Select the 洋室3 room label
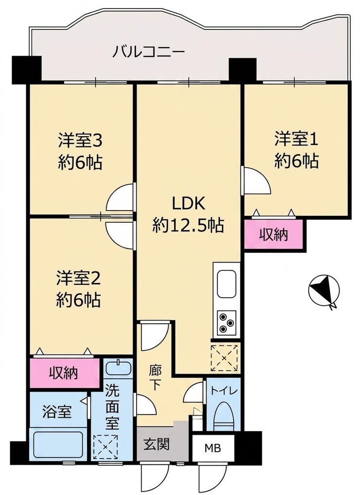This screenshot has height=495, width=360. tap(80, 141)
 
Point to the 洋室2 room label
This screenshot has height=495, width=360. tap(78, 279)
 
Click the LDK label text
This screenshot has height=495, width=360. tap(188, 203)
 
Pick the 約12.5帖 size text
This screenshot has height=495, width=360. tap(188, 226)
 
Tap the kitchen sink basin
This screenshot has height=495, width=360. tap(226, 284)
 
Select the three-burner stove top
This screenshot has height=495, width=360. tap(226, 322)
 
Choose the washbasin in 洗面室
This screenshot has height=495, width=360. tap(118, 368)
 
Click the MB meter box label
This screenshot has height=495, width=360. tap(213, 448)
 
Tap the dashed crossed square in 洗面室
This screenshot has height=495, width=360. tap(106, 447)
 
